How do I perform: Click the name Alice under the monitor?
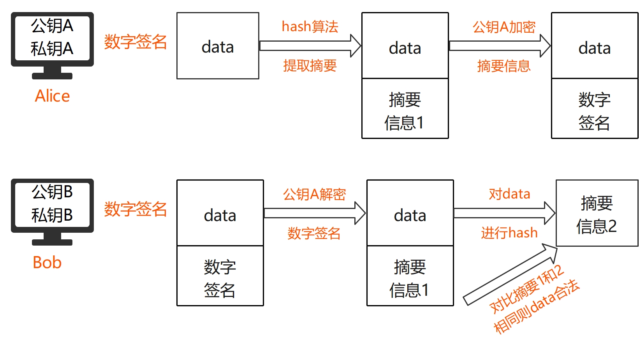tap(52, 96)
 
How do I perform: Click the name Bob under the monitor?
tap(47, 262)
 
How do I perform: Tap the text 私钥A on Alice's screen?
tap(52, 49)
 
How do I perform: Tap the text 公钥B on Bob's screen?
tap(52, 191)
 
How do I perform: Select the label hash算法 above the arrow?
tap(310, 26)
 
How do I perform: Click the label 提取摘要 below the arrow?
tap(310, 65)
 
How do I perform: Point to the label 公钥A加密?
tap(504, 27)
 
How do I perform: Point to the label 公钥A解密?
tap(314, 194)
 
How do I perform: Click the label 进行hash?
tap(509, 233)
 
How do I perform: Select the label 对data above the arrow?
tap(509, 194)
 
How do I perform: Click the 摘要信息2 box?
tap(597, 213)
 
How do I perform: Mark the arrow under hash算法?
tap(310, 46)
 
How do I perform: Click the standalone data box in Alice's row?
tap(218, 46)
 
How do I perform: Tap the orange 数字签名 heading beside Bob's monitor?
tap(135, 209)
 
